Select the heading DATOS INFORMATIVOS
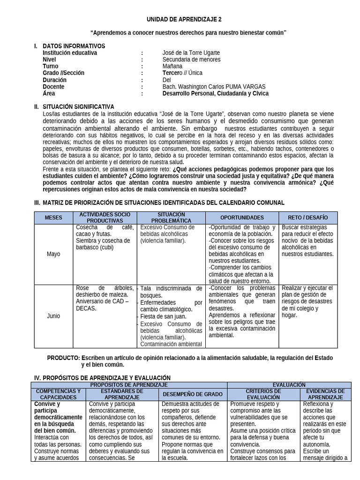pyautogui.click(x=74, y=46)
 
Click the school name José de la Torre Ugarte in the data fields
pyautogui.click(x=191, y=53)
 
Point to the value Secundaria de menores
pyautogui.click(x=191, y=60)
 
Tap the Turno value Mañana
pyautogui.click(x=172, y=67)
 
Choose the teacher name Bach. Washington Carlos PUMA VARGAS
pyautogui.click(x=214, y=87)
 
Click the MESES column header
pyautogui.click(x=53, y=217)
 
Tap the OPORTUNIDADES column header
pyautogui.click(x=242, y=217)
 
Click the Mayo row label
pyautogui.click(x=53, y=254)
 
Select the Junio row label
pyautogui.click(x=53, y=316)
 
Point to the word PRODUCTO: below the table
pyautogui.click(x=63, y=358)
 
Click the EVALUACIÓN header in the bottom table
pyautogui.click(x=289, y=385)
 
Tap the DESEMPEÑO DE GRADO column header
pyautogui.click(x=192, y=394)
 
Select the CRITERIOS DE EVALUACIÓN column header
pyautogui.click(x=263, y=394)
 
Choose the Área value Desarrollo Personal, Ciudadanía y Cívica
pyautogui.click(x=216, y=93)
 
